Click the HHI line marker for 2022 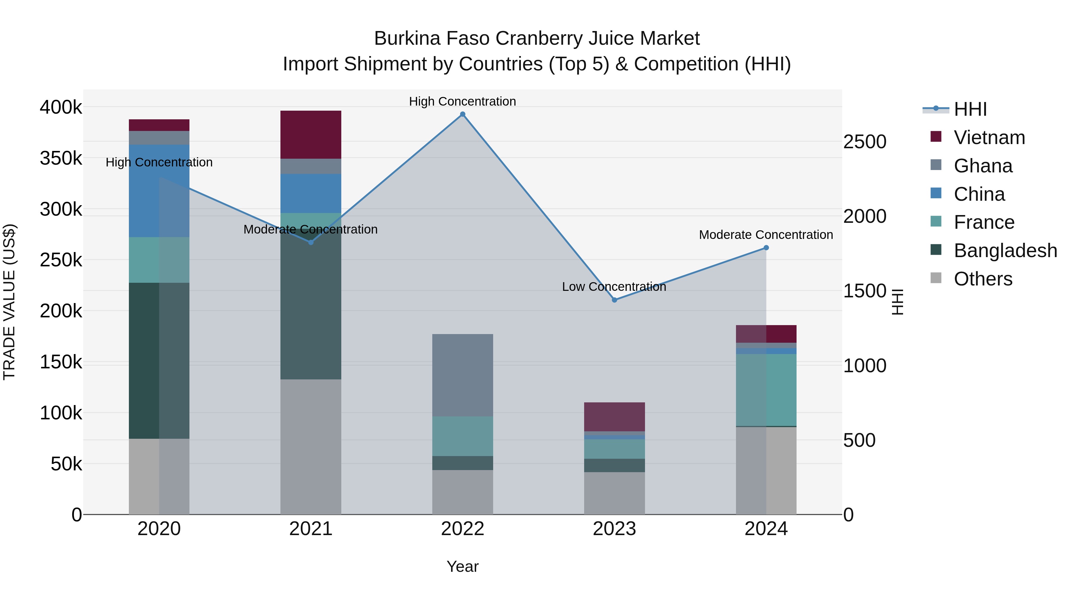[x=462, y=114]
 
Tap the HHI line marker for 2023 [x=614, y=300]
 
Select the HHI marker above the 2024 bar [x=766, y=248]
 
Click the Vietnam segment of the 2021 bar [x=311, y=134]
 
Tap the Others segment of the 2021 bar [x=311, y=447]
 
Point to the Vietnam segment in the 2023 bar [x=614, y=416]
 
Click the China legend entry [x=979, y=194]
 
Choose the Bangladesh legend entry [x=1005, y=251]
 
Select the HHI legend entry [x=970, y=109]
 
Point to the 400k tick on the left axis [x=61, y=107]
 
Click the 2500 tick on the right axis [x=865, y=142]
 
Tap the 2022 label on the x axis [x=462, y=529]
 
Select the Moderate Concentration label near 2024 [x=766, y=235]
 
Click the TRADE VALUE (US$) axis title [x=9, y=302]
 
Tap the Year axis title [x=462, y=566]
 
